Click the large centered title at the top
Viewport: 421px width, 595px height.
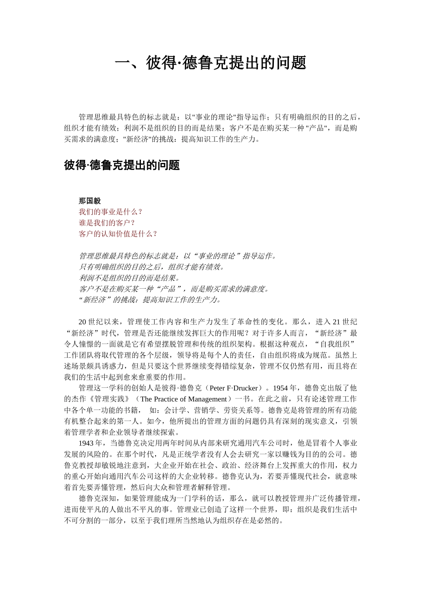(x=210, y=63)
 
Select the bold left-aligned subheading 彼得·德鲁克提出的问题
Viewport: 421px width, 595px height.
(x=122, y=166)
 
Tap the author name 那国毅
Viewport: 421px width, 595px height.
(x=90, y=201)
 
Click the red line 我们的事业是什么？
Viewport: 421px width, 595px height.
(x=111, y=212)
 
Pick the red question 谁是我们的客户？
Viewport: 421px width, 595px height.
(x=107, y=223)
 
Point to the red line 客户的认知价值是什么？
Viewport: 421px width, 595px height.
(x=118, y=234)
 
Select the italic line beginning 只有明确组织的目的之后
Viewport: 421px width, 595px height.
(x=152, y=267)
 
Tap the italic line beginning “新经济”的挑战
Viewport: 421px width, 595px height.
(x=149, y=300)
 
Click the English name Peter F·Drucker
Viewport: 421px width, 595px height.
(x=233, y=388)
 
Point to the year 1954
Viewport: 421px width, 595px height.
(x=281, y=388)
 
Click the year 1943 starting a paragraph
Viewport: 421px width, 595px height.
(x=86, y=443)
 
